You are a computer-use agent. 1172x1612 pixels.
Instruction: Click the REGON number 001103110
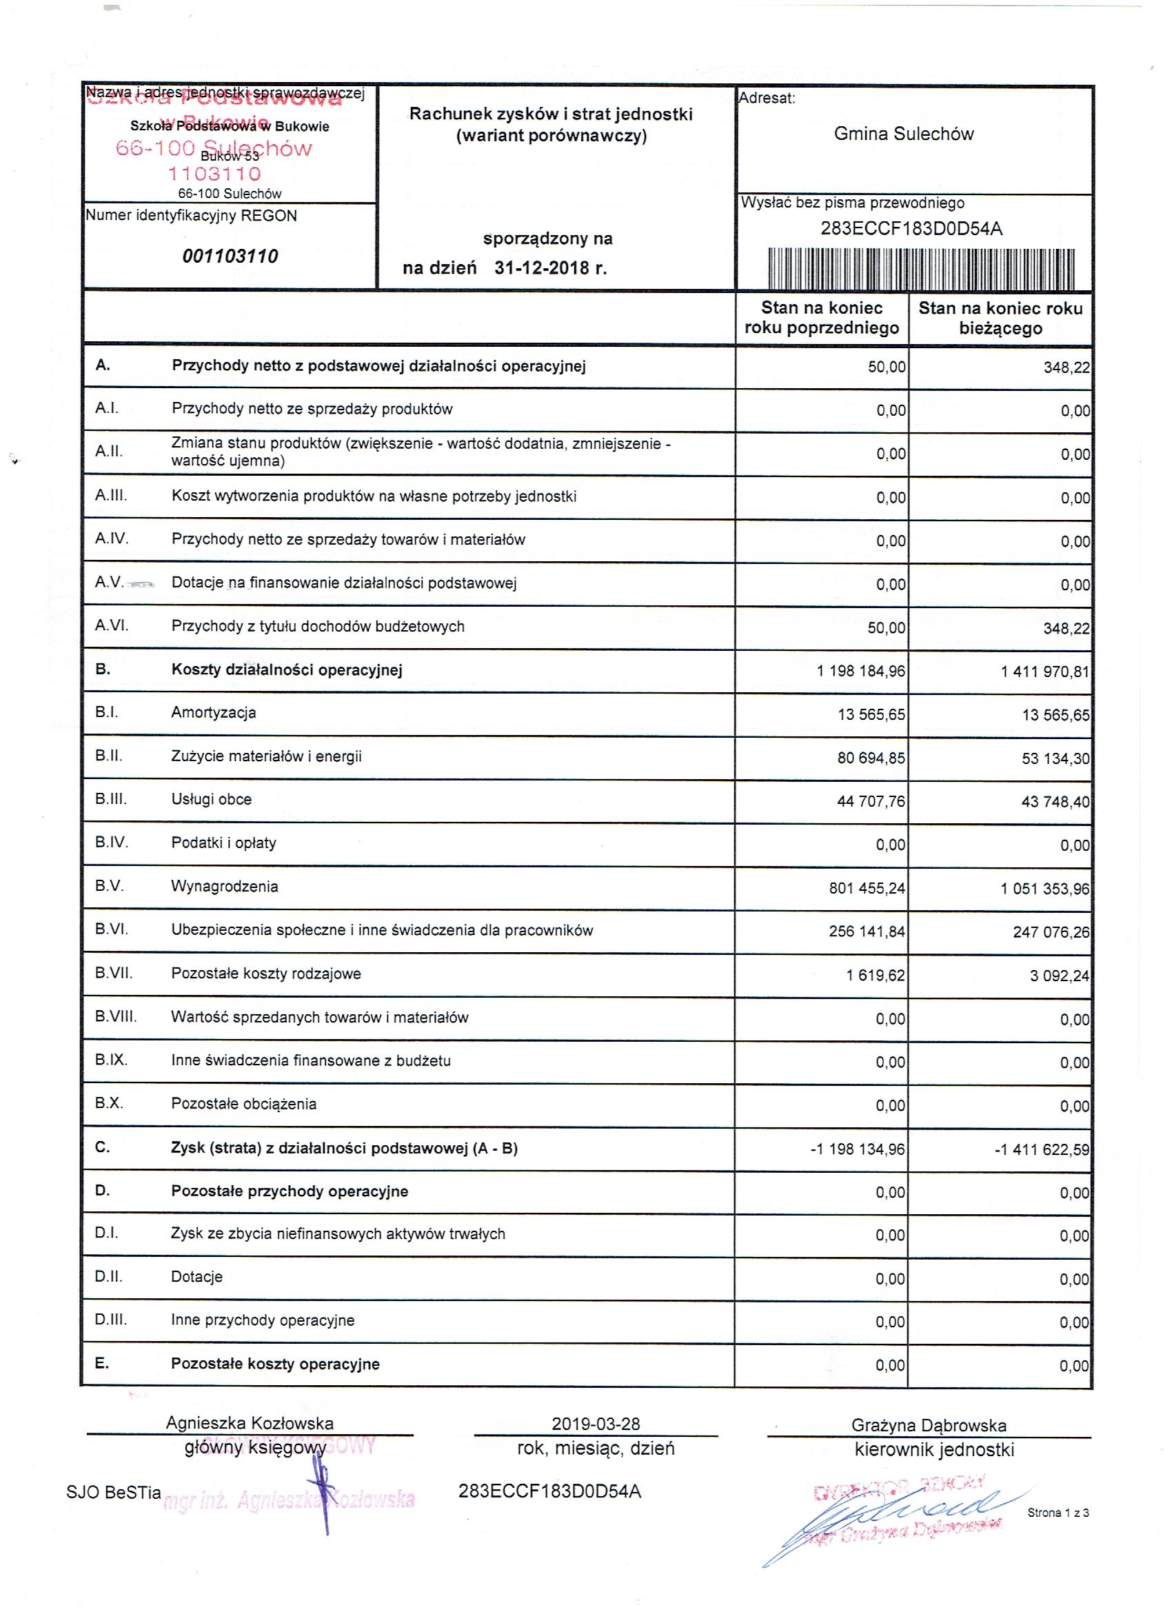230,256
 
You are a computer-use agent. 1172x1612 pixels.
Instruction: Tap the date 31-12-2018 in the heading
542,268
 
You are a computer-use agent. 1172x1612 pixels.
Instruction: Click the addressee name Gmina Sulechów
903,134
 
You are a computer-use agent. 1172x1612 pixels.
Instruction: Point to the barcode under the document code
921,269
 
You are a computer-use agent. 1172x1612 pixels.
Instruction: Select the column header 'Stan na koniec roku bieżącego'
1000,318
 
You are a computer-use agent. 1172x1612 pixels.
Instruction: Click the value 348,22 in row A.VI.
1066,628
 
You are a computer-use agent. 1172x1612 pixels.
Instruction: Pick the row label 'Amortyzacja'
213,713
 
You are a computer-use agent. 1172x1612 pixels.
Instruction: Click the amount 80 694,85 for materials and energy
871,758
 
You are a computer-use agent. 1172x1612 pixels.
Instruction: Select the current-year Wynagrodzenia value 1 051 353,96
1044,889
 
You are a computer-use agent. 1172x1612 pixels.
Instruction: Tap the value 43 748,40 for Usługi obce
1055,802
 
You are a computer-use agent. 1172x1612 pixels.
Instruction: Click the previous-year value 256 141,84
867,931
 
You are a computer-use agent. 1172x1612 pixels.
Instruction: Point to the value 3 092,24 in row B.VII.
1059,976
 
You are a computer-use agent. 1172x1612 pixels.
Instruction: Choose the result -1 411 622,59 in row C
1041,1149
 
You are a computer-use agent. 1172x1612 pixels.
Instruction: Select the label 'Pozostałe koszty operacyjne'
275,1364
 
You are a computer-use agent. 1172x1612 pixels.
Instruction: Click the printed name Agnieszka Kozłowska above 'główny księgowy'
250,1423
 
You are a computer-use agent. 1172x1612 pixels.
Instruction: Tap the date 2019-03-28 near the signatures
596,1424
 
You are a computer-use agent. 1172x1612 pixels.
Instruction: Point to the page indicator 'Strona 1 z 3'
1058,1513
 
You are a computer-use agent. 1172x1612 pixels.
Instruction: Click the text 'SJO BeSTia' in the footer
114,1493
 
